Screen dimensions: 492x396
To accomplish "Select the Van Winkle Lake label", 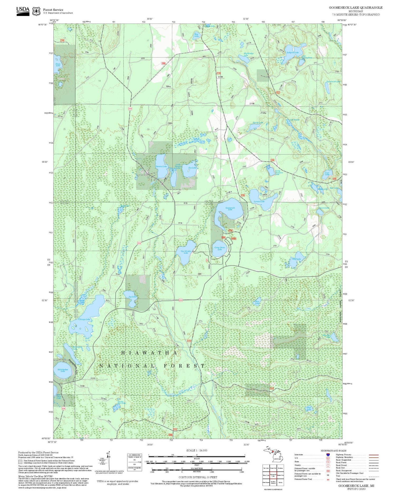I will click(186, 252).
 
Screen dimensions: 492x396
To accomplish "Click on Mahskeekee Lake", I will click(63, 370).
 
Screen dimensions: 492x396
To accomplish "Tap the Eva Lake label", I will click(192, 168).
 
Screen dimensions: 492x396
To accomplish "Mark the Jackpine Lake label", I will click(293, 53).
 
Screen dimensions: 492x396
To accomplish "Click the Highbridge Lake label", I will click(246, 54).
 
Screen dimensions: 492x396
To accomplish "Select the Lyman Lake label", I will click(259, 201).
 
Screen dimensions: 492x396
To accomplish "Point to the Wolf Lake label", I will click(296, 259).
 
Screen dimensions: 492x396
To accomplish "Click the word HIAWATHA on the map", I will click(149, 353).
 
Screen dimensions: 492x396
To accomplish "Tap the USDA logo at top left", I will click(23, 11).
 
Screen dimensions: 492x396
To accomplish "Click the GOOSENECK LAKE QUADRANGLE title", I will click(355, 8).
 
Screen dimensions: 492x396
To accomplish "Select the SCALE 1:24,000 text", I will click(197, 450).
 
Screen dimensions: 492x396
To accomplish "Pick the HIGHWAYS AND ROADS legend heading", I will click(333, 451).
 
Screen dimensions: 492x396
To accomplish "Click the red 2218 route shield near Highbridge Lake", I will click(218, 73).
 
